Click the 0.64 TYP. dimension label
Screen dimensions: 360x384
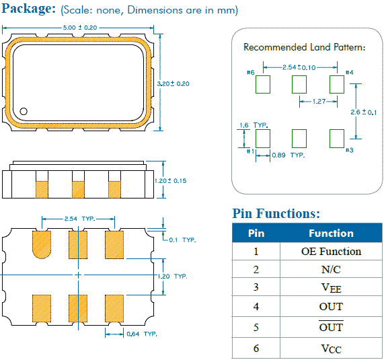[141, 334]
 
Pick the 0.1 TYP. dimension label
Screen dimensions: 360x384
[179, 239]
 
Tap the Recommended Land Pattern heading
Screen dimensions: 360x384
[304, 47]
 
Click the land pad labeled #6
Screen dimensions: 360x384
[262, 84]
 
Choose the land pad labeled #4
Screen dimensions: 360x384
[336, 84]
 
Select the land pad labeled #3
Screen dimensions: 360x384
[336, 137]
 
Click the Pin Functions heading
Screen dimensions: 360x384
[276, 213]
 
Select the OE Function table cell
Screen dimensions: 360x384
[331, 251]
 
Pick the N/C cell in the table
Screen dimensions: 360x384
[331, 270]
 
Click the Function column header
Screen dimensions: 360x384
[331, 233]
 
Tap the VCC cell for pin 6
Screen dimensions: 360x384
[331, 349]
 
